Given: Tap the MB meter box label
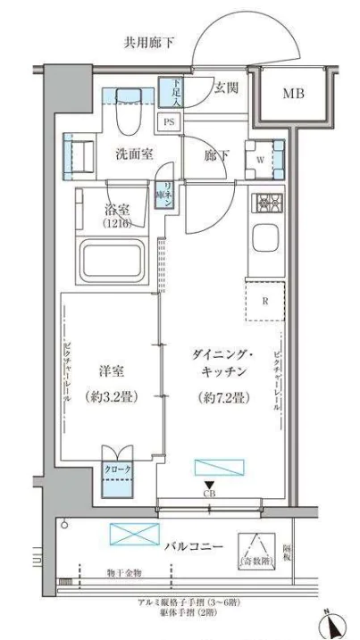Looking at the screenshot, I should pos(294,94).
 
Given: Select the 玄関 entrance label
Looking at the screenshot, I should pos(226,88).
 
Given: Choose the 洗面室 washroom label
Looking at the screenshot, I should pos(135,154).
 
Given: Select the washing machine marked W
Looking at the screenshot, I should pos(264,155).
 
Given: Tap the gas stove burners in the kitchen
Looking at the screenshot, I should pos(267,204).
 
